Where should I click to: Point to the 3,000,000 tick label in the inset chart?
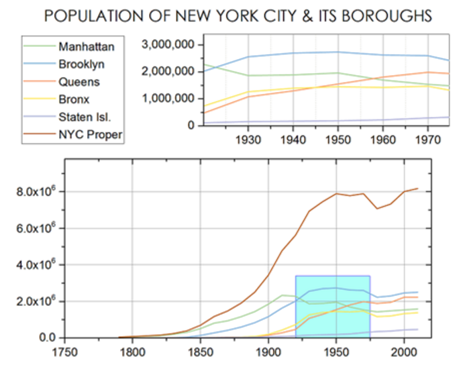170,44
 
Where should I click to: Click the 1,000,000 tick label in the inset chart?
170,98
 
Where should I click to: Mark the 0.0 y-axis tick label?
45,337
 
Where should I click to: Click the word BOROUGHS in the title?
374,15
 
